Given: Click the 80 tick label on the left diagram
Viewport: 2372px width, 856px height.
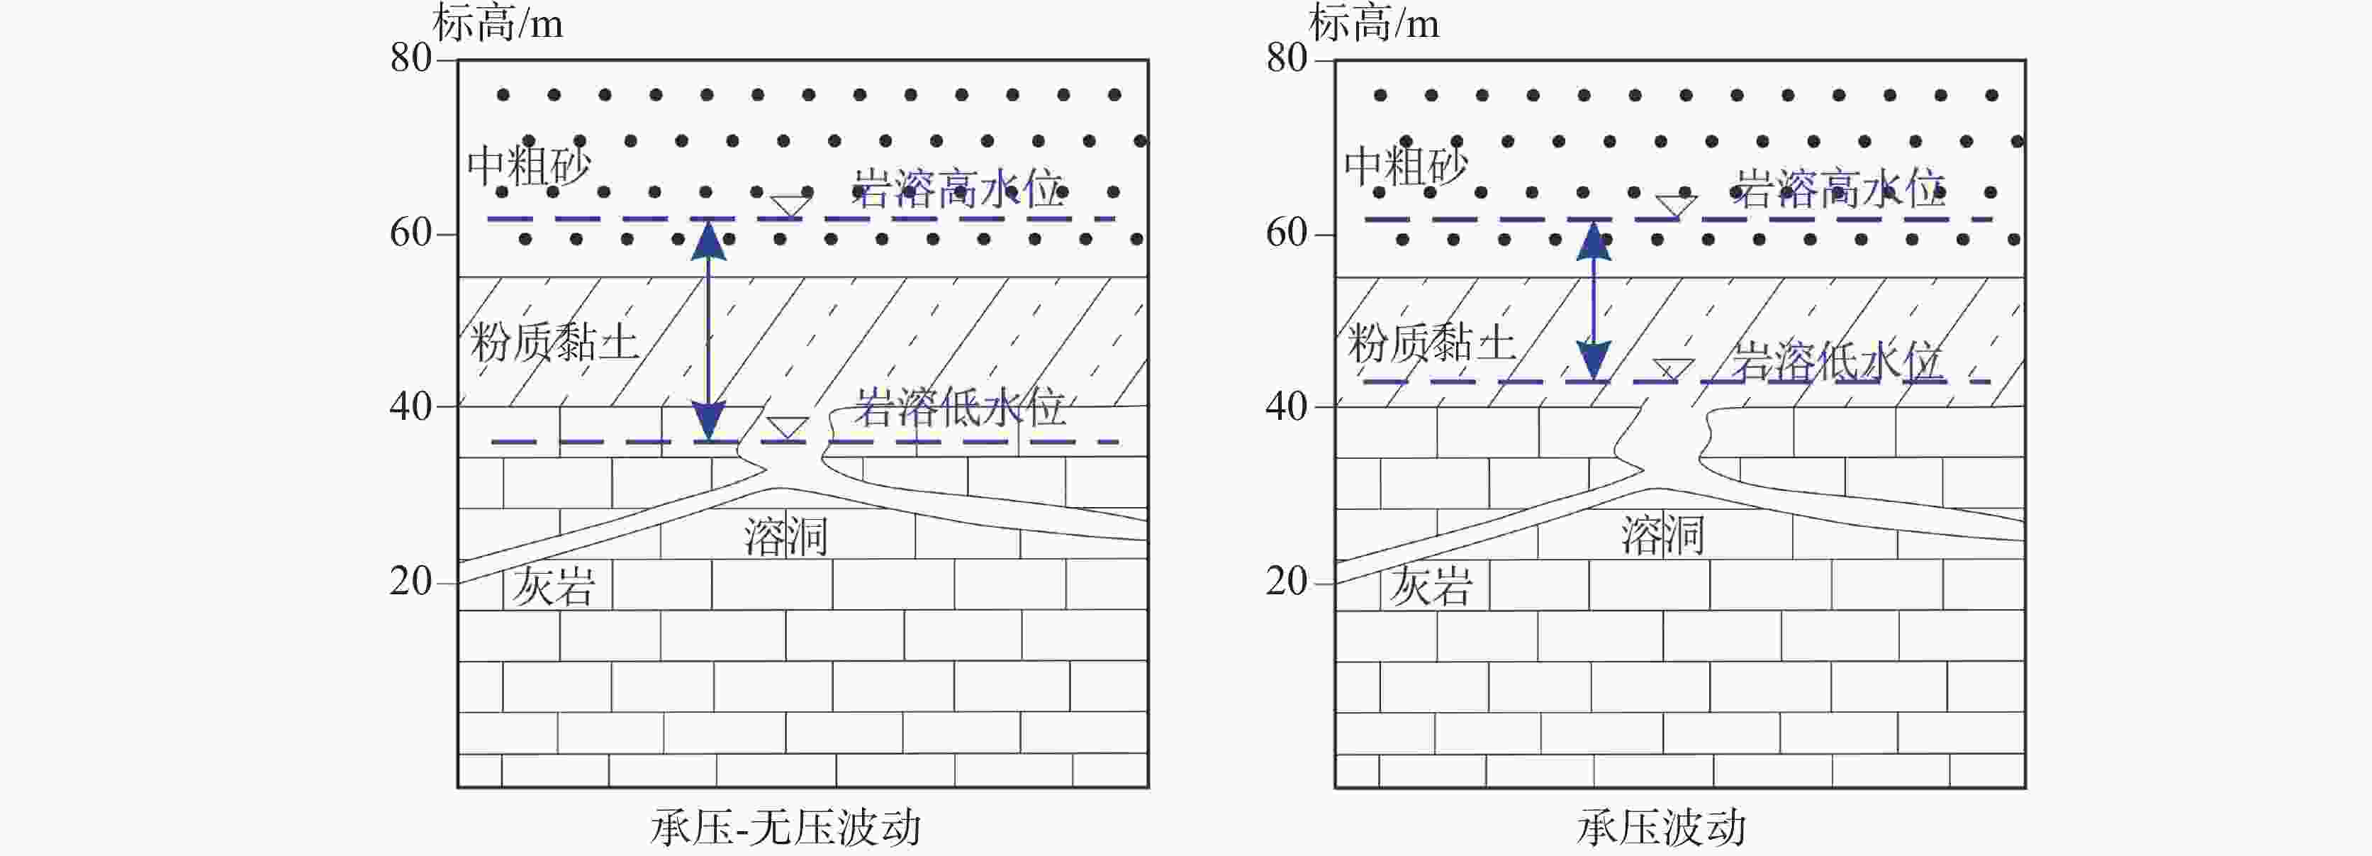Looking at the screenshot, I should click(x=410, y=59).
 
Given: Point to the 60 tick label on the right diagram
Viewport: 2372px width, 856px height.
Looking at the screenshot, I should click(x=1287, y=233).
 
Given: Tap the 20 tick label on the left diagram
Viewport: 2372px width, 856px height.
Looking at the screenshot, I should click(x=410, y=582).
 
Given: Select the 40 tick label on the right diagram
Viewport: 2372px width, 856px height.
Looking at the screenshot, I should click(x=1287, y=406).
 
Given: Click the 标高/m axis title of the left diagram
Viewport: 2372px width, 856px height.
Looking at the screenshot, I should click(x=497, y=23).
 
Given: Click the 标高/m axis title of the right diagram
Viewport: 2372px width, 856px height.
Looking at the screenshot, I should click(x=1374, y=23).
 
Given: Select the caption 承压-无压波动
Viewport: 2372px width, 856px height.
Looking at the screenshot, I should click(x=785, y=826).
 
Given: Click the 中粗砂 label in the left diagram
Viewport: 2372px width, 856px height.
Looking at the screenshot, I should click(x=529, y=166).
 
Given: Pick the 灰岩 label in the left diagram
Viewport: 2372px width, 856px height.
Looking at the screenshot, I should click(x=554, y=586).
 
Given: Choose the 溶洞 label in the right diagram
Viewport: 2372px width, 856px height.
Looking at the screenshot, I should click(x=1663, y=535).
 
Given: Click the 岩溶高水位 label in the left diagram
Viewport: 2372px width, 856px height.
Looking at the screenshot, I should click(x=958, y=190).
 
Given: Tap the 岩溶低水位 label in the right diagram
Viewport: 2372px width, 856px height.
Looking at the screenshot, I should click(x=1837, y=361).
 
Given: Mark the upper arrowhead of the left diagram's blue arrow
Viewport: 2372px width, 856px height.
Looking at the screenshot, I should click(x=708, y=240).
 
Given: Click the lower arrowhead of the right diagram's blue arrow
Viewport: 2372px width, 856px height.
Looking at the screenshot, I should click(x=1593, y=360).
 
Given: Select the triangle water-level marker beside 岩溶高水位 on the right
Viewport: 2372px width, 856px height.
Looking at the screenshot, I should click(x=1675, y=204).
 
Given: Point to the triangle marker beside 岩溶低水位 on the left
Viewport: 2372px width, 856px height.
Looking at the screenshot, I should click(x=788, y=428).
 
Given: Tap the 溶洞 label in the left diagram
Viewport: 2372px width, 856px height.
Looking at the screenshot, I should click(x=785, y=535).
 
